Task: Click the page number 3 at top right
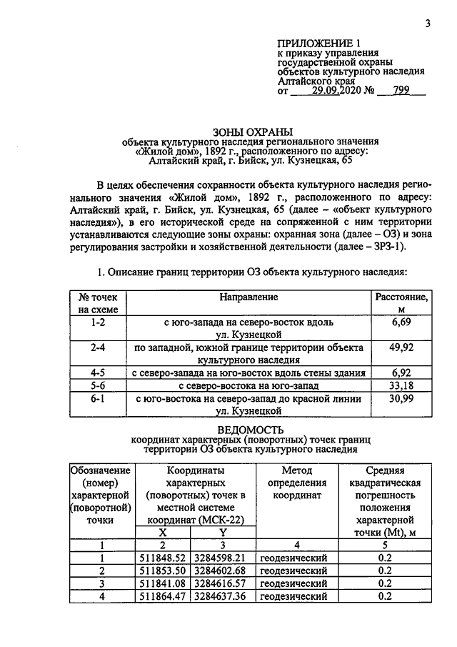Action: pyautogui.click(x=427, y=23)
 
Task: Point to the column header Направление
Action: pyautogui.click(x=249, y=295)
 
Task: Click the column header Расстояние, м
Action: pyautogui.click(x=401, y=302)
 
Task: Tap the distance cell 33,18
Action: pyautogui.click(x=401, y=385)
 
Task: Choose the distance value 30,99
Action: pyautogui.click(x=401, y=398)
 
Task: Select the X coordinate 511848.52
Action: pyautogui.click(x=163, y=558)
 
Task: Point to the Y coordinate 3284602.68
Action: pyautogui.click(x=223, y=571)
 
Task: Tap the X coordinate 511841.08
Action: pyautogui.click(x=163, y=583)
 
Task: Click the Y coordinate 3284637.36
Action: pyautogui.click(x=223, y=596)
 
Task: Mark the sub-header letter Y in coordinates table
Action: pyautogui.click(x=223, y=532)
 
